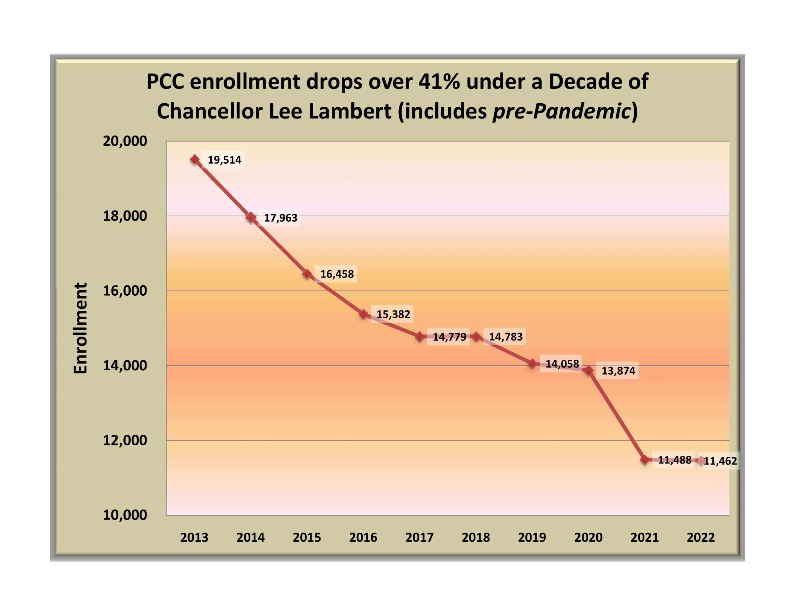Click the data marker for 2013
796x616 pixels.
click(195, 159)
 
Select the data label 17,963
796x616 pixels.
click(280, 218)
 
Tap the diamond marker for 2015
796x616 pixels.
click(307, 274)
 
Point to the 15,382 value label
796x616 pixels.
click(393, 314)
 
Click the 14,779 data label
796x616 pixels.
click(449, 337)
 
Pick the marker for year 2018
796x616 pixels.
click(476, 337)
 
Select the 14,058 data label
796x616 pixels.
click(562, 364)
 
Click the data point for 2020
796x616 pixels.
click(589, 371)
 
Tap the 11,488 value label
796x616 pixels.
click(674, 460)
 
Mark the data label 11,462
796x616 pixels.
click(720, 461)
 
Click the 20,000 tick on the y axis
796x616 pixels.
click(125, 141)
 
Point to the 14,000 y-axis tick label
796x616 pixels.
click(125, 365)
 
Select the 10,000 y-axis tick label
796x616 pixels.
click(125, 515)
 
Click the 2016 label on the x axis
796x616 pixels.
click(363, 537)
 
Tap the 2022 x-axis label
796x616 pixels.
click(700, 537)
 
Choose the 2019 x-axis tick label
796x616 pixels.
click(532, 537)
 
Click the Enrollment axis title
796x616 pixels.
click(81, 328)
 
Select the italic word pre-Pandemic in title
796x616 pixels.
click(561, 111)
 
